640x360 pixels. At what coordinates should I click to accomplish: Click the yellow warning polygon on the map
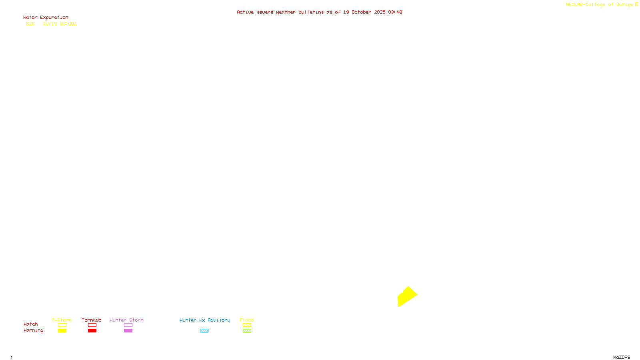407,296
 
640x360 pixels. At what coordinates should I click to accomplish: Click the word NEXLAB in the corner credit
574,5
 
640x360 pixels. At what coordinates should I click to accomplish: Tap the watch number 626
30,24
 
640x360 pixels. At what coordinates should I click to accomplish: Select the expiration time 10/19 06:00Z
60,24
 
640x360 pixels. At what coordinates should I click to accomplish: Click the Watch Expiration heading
46,18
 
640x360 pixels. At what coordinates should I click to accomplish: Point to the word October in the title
361,12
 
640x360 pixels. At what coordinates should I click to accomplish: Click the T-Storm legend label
62,320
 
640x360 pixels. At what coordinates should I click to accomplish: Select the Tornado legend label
92,320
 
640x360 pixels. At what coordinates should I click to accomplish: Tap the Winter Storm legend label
126,320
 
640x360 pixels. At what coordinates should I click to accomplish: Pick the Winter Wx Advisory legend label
205,320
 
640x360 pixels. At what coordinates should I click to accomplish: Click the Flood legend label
247,320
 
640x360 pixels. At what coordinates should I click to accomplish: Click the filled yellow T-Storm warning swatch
62,331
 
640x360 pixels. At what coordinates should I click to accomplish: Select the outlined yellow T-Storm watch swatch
62,325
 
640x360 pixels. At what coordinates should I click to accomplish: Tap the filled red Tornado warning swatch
92,331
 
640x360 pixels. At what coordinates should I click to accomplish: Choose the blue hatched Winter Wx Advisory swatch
204,331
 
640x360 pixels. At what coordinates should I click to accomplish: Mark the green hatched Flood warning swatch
247,331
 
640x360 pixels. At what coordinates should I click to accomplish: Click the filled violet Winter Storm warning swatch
128,331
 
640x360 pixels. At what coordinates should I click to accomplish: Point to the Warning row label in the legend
33,330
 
